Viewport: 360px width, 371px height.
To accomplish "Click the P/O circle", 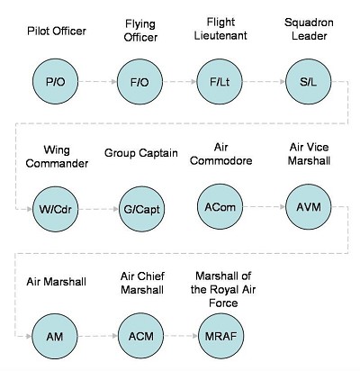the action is point(55,81).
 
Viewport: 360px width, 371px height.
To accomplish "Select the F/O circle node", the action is point(139,82).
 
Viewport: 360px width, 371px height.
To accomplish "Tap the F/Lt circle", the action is point(220,81).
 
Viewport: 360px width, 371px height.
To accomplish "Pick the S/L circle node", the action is point(309,81).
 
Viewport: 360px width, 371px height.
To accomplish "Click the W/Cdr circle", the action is point(55,209).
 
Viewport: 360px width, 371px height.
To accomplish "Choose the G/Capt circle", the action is point(141,209).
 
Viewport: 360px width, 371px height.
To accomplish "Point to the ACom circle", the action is point(220,206).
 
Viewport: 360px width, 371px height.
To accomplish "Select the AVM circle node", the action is point(309,206).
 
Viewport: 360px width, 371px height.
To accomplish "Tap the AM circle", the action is point(55,336).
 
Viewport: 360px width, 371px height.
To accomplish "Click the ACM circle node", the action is point(140,336).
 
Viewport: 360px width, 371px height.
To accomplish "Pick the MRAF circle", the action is point(221,336).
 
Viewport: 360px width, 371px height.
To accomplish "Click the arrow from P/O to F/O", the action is point(97,82).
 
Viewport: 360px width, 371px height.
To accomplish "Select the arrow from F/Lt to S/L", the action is point(264,81).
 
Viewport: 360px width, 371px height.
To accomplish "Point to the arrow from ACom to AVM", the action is point(265,206).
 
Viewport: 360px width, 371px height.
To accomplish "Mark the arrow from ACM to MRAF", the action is point(181,336).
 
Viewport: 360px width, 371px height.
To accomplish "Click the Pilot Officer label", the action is point(57,31).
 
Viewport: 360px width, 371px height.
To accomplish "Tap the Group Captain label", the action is point(141,153).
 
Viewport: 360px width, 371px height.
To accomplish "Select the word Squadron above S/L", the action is point(309,23).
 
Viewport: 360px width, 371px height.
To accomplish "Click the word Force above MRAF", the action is point(223,303).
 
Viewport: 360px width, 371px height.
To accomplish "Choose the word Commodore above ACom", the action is point(221,161).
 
